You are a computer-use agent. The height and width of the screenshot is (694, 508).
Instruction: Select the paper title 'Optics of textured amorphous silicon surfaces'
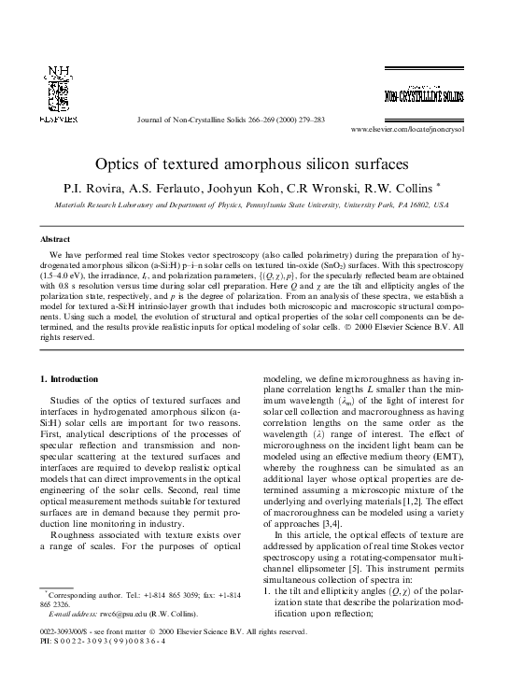253,163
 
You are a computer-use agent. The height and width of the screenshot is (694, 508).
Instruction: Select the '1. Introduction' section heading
73,378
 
